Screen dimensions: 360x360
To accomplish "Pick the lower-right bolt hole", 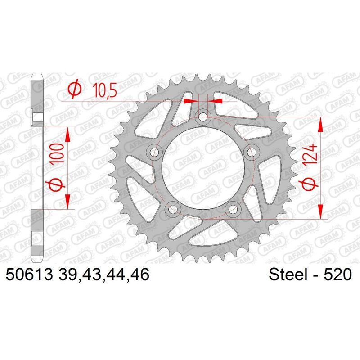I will [233, 208].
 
